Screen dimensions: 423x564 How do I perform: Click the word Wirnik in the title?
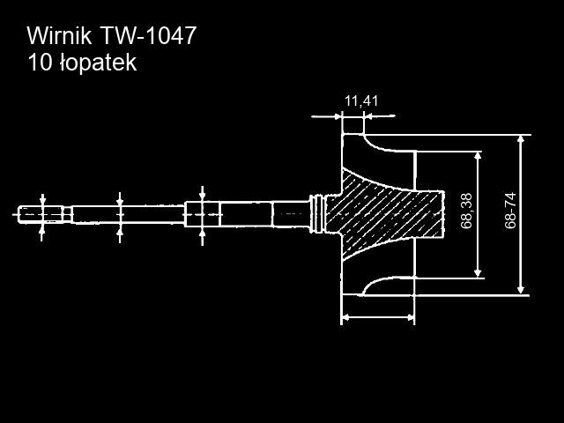pyautogui.click(x=60, y=36)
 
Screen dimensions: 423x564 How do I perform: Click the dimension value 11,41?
pyautogui.click(x=361, y=101)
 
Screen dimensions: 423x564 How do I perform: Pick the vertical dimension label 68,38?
pyautogui.click(x=467, y=211)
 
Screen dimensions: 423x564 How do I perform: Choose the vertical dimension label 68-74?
pyautogui.click(x=510, y=211)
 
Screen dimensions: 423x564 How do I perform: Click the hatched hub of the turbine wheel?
pyautogui.click(x=388, y=211)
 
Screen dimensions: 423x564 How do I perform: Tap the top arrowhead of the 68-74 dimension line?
pyautogui.click(x=522, y=140)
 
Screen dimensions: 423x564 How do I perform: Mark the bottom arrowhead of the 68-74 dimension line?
pyautogui.click(x=522, y=288)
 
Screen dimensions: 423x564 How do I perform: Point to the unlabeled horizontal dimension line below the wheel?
pyautogui.click(x=377, y=317)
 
